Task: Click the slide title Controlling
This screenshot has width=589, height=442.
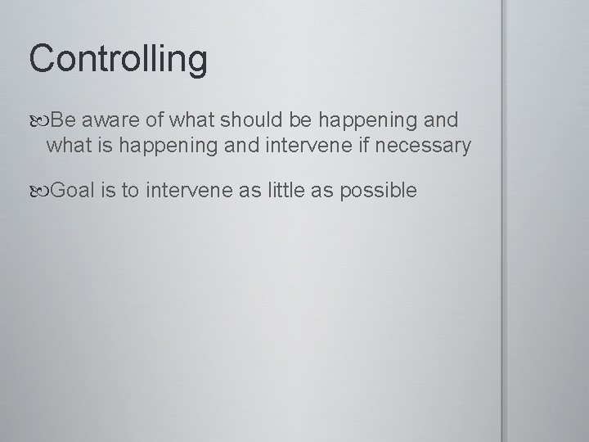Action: click(x=119, y=60)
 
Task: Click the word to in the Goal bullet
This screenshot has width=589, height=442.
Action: click(x=133, y=192)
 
